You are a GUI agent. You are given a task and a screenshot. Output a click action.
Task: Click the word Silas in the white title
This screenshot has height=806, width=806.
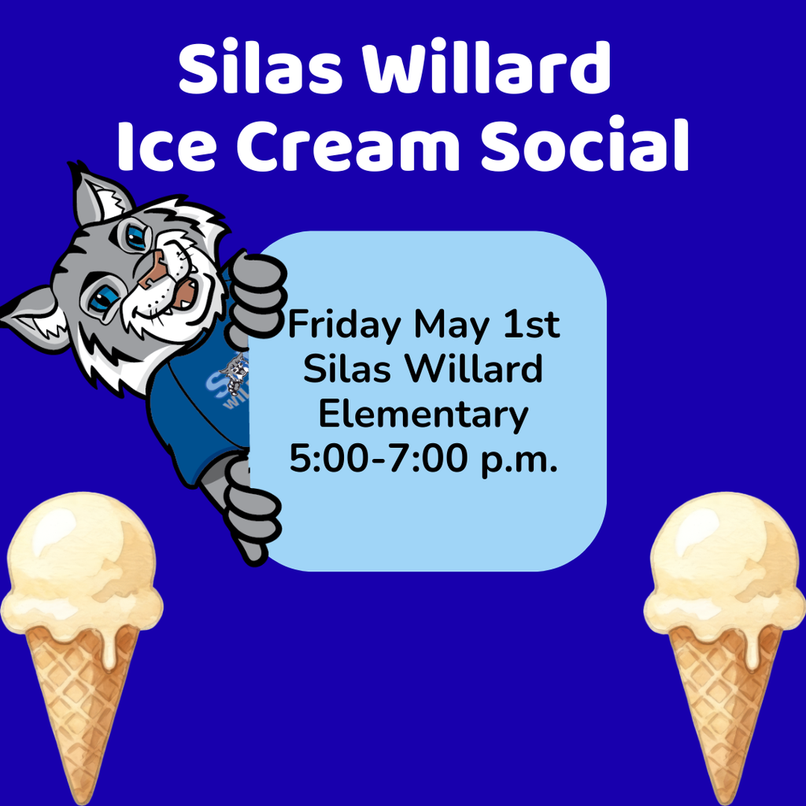click(260, 68)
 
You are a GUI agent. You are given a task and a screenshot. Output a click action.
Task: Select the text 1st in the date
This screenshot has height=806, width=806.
click(531, 324)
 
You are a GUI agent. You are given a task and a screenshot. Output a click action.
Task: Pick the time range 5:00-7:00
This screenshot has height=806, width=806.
click(379, 458)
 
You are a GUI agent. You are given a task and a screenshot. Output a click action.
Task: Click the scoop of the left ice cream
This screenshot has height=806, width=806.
click(81, 565)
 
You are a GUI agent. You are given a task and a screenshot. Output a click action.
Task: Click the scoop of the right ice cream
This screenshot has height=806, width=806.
click(725, 565)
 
